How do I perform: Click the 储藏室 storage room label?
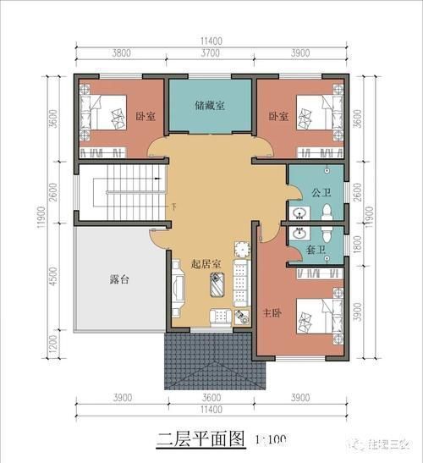pyautogui.click(x=210, y=107)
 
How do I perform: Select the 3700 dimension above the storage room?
pyautogui.click(x=211, y=52)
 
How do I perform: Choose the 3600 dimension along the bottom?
pyautogui.click(x=211, y=398)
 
